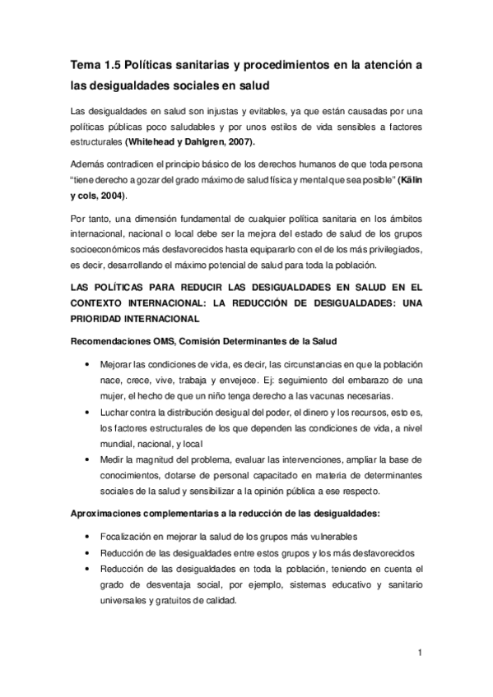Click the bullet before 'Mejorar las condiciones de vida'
(x=87, y=362)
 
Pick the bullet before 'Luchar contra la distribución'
(x=87, y=409)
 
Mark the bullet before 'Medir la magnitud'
(x=87, y=455)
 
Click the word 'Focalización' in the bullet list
(x=125, y=536)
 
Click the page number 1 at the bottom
(x=419, y=653)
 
